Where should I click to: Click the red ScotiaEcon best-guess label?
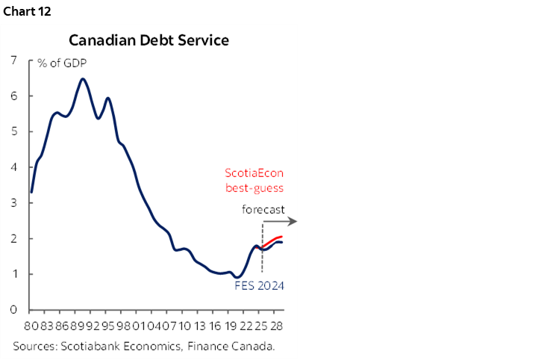click(254, 181)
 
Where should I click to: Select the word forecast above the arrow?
click(263, 209)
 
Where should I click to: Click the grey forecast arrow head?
click(294, 221)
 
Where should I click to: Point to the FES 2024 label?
click(259, 285)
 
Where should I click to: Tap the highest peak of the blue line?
click(83, 79)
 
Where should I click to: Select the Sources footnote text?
click(143, 346)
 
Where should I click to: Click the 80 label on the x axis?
click(31, 326)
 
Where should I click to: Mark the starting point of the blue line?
click(31, 192)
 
